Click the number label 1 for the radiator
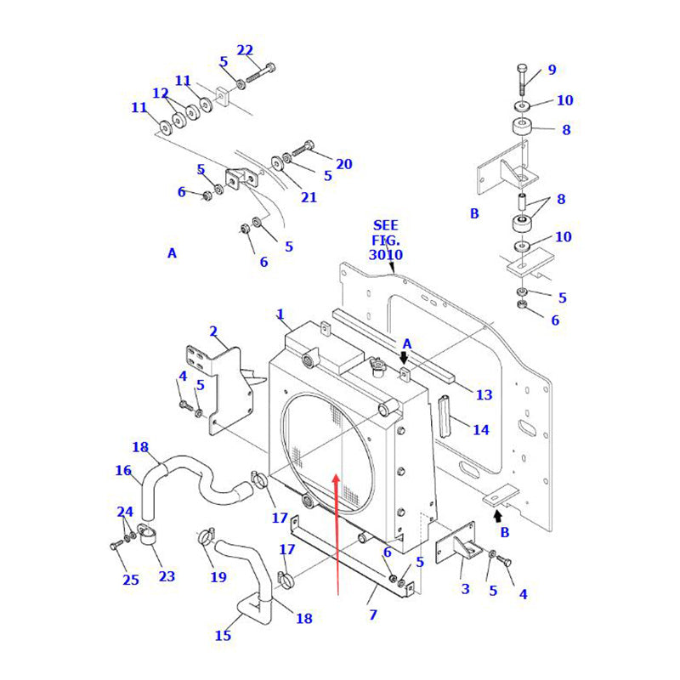pyautogui.click(x=280, y=314)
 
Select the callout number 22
pyautogui.click(x=245, y=50)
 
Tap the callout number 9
pyautogui.click(x=552, y=70)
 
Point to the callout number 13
pyautogui.click(x=484, y=394)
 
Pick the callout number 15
pyautogui.click(x=223, y=635)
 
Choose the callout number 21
pyautogui.click(x=309, y=197)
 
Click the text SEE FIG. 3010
pyautogui.click(x=385, y=241)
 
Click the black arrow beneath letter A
pyautogui.click(x=405, y=359)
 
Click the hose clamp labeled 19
pyautogui.click(x=205, y=536)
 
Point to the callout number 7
pyautogui.click(x=372, y=614)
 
